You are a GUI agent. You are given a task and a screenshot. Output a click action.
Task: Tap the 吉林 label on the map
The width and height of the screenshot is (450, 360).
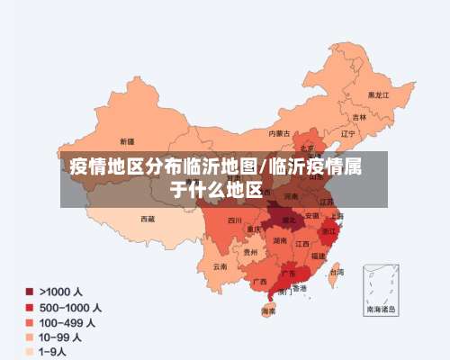pos(360,116)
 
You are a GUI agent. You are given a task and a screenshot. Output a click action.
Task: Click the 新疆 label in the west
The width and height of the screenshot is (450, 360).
pos(126,141)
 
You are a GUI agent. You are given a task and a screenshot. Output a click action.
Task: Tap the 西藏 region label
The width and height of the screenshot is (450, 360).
pos(147,218)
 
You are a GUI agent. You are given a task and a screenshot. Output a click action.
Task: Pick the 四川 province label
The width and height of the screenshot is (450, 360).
pos(234,220)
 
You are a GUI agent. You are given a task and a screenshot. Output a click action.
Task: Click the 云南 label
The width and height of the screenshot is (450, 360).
pos(220,266)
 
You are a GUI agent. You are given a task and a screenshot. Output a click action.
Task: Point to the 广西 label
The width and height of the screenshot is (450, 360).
pos(258,282)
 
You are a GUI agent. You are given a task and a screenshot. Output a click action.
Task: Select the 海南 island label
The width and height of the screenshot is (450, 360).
pos(268,311)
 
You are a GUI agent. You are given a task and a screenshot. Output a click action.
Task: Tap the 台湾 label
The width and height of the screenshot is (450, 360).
pos(336,271)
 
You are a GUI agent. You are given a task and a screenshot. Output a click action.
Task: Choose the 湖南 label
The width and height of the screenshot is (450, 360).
pos(280,240)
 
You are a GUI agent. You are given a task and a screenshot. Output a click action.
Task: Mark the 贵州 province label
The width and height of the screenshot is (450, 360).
pos(249,253)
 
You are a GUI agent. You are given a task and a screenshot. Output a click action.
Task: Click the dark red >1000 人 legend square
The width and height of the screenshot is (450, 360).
pos(30,292)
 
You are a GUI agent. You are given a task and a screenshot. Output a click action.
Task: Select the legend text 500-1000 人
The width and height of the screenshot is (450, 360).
pos(70,307)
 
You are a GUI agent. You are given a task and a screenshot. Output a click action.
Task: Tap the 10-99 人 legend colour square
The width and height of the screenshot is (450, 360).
pos(30,337)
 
